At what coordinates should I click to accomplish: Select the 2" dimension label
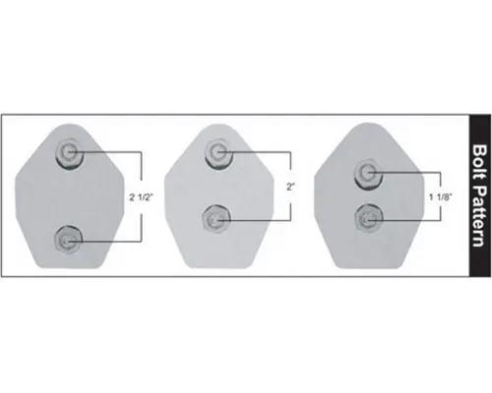pos(291,185)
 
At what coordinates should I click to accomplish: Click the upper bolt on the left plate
pos(71,151)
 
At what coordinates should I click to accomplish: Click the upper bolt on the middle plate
pos(219,151)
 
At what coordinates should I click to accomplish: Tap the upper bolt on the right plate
pos(368,174)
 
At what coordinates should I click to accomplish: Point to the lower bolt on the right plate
pos(368,216)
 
